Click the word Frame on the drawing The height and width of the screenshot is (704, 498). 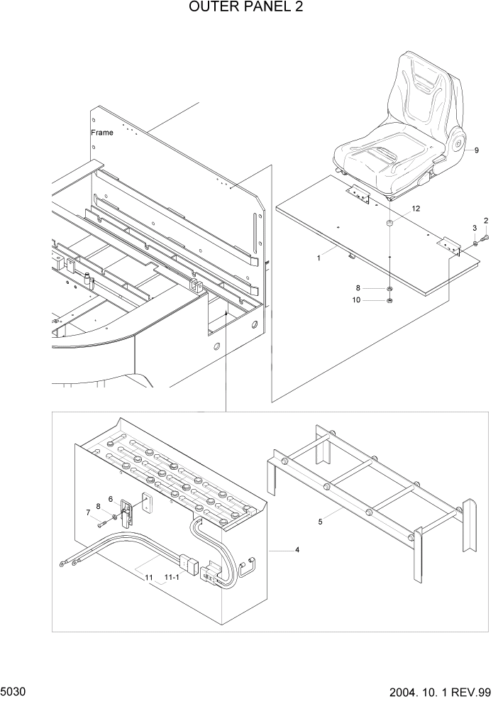pyautogui.click(x=101, y=133)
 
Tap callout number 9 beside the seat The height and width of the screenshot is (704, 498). pyautogui.click(x=476, y=150)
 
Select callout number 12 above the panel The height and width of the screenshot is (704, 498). pyautogui.click(x=416, y=209)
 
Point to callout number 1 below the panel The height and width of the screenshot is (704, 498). pyautogui.click(x=319, y=258)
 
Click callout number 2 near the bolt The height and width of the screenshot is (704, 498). pyautogui.click(x=486, y=220)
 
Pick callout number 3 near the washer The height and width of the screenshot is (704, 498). pyautogui.click(x=475, y=227)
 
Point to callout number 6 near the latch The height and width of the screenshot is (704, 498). pyautogui.click(x=111, y=499)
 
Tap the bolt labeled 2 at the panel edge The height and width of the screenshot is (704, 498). pyautogui.click(x=485, y=239)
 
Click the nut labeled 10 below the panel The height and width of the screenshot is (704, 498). pyautogui.click(x=390, y=301)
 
